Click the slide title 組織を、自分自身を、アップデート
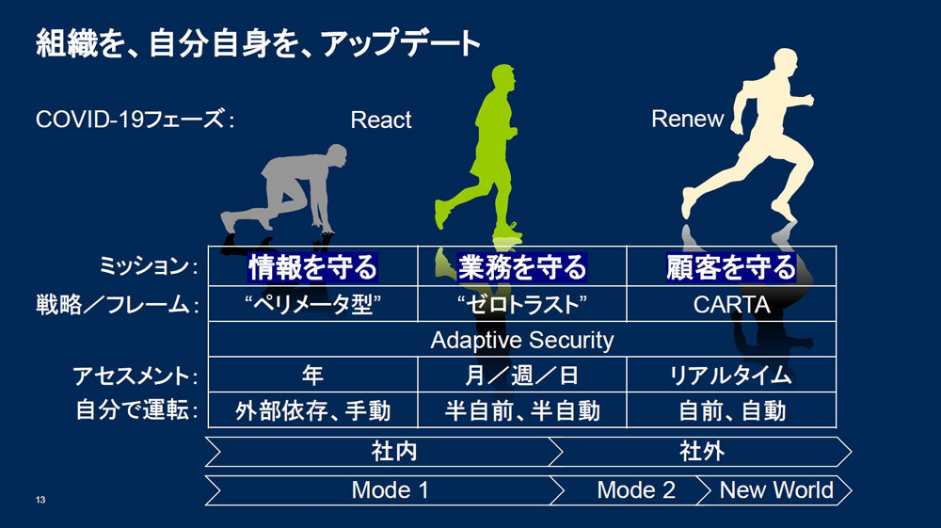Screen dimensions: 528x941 [x=259, y=43]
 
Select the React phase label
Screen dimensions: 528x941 [x=381, y=120]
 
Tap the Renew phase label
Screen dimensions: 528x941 [x=688, y=120]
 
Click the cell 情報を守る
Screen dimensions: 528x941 [x=312, y=267]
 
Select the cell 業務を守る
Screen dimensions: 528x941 [x=522, y=267]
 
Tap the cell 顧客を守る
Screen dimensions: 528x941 [x=731, y=267]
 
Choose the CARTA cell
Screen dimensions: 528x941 [x=731, y=304]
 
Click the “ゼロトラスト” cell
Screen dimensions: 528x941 [x=522, y=304]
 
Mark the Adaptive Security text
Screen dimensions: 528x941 [x=521, y=340]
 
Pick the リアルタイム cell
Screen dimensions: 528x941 [x=731, y=375]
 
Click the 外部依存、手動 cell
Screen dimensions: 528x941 [x=312, y=410]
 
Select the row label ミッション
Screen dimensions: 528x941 [x=148, y=267]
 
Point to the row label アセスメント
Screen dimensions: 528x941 [x=136, y=376]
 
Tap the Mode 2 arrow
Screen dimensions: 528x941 [x=635, y=490]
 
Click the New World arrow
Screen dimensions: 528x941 [x=776, y=490]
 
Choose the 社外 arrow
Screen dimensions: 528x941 [x=702, y=452]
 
